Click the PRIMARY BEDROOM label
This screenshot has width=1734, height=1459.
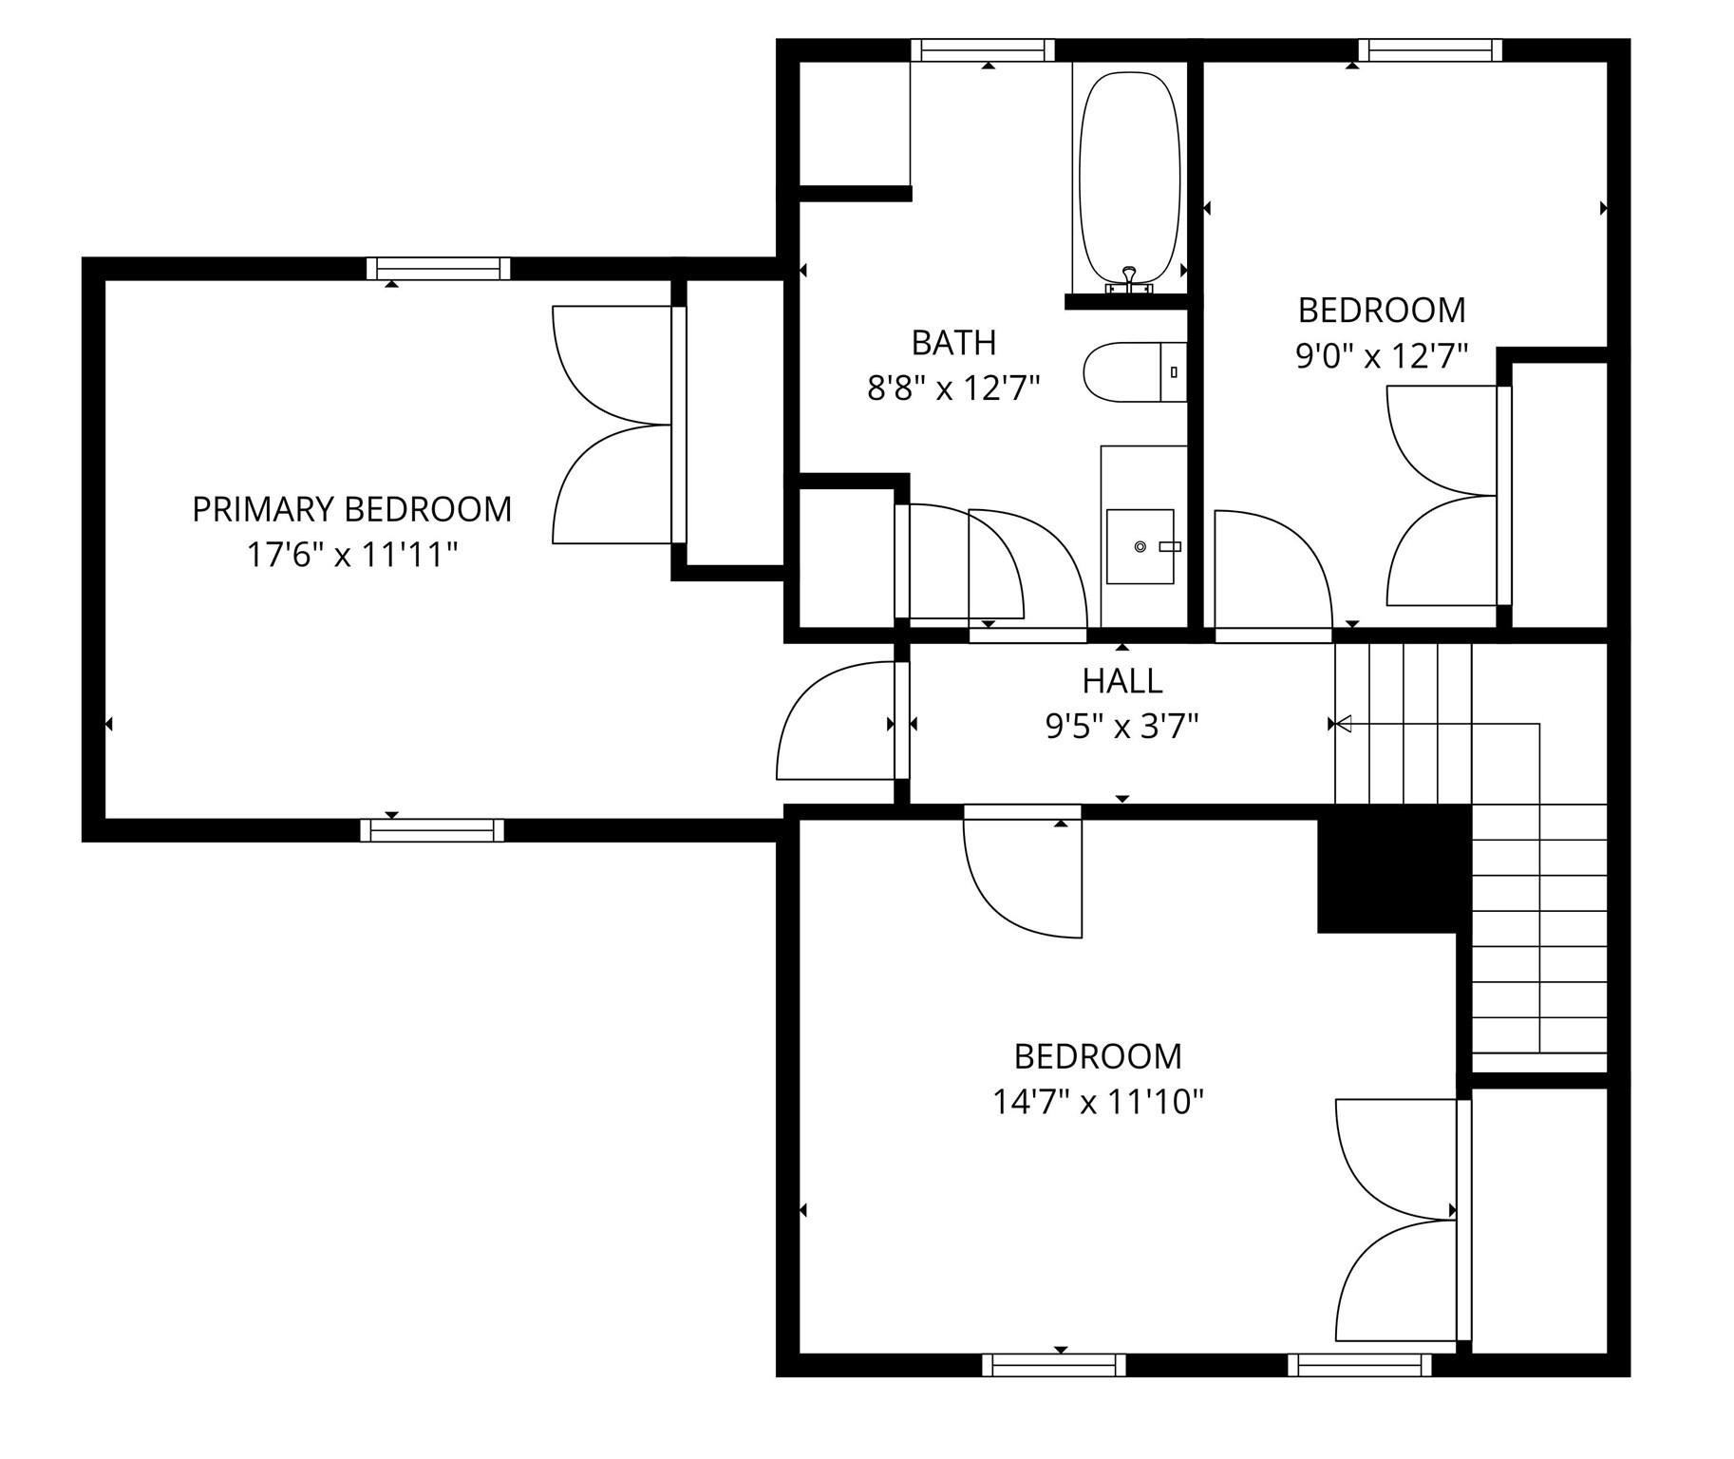tap(351, 510)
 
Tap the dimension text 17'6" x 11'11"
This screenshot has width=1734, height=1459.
tap(352, 555)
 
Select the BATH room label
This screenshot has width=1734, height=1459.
tap(953, 343)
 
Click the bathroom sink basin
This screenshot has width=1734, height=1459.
tap(1140, 546)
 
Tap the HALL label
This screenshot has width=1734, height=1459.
tap(1121, 681)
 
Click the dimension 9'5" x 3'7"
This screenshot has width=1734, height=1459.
tap(1121, 727)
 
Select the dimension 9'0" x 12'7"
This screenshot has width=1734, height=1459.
tap(1382, 356)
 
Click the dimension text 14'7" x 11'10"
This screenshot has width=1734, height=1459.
tap(1098, 1102)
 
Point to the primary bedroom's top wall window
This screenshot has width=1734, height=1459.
tap(438, 269)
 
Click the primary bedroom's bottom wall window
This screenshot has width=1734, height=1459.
tap(432, 831)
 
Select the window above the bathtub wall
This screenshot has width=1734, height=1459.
tap(983, 50)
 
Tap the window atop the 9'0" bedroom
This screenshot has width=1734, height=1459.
tap(1429, 50)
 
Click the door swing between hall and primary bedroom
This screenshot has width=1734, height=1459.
tap(836, 722)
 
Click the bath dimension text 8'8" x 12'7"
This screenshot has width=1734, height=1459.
tap(953, 388)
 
